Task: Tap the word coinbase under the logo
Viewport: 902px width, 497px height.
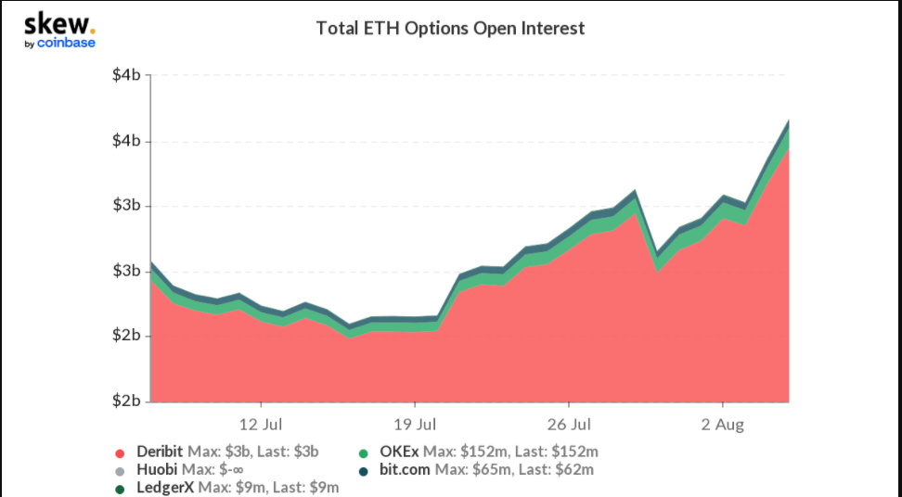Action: tap(66, 43)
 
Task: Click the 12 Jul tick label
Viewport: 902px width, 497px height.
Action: tap(261, 426)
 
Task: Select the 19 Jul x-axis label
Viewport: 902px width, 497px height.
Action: tap(415, 426)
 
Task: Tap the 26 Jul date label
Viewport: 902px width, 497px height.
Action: tap(568, 426)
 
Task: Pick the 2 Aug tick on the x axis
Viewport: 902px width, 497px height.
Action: tap(723, 426)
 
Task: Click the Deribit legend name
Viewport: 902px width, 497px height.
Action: tap(160, 452)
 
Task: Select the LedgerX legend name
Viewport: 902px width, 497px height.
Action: tap(165, 488)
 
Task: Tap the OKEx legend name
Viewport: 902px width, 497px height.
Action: tap(399, 452)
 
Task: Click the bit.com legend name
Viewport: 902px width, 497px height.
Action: tap(405, 470)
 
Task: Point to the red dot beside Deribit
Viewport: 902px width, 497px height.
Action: tap(120, 453)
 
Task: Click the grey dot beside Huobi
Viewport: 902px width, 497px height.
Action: tap(120, 471)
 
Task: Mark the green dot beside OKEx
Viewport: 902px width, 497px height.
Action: tap(364, 453)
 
